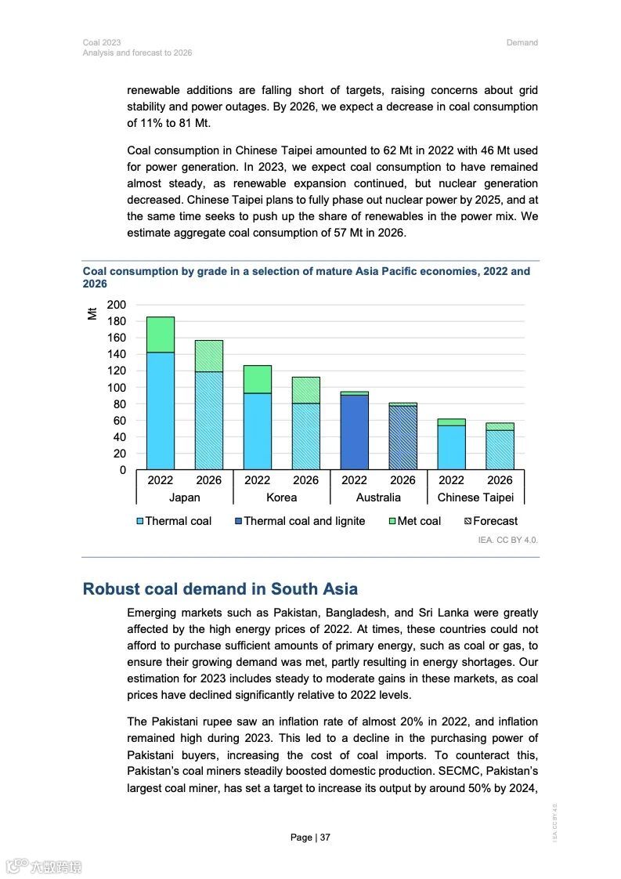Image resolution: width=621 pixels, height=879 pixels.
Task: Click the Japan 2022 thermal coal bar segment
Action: point(161,411)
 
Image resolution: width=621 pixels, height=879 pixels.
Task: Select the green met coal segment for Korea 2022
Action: point(258,379)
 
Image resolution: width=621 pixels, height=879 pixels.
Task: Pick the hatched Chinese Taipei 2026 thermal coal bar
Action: point(500,450)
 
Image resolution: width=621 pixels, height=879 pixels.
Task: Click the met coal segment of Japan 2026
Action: point(209,356)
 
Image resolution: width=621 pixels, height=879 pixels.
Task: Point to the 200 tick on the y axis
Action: point(116,305)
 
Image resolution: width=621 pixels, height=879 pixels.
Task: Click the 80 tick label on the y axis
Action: point(119,404)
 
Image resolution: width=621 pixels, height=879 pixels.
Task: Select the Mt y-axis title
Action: point(92,313)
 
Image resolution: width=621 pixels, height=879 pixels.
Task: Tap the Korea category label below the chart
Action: point(281,497)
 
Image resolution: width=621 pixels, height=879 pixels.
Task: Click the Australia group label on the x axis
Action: point(378,497)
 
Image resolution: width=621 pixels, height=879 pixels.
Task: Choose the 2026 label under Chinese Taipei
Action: point(500,480)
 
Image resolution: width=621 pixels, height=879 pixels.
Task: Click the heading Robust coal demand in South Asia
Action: point(220,589)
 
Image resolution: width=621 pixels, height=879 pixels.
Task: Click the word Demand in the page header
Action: point(522,42)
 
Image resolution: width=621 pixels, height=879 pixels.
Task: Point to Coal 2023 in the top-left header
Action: point(102,42)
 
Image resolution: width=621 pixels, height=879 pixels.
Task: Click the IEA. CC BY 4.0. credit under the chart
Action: point(508,540)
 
